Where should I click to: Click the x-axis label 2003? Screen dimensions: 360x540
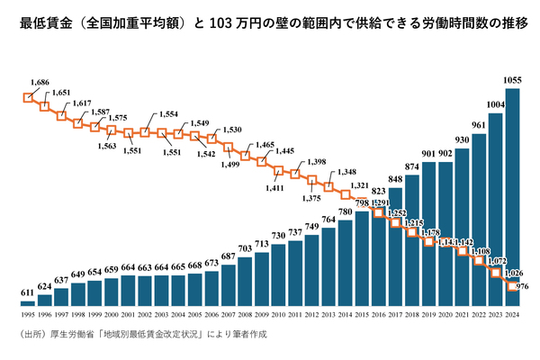[162, 314]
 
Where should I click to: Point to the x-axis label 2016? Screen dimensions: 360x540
[379, 314]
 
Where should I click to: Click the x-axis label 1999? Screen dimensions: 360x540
[94, 314]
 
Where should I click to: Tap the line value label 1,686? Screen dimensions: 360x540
[39, 82]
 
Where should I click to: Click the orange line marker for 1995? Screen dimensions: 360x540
[27, 96]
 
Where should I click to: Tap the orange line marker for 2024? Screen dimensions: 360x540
[513, 286]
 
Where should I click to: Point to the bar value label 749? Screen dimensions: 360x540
[312, 226]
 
